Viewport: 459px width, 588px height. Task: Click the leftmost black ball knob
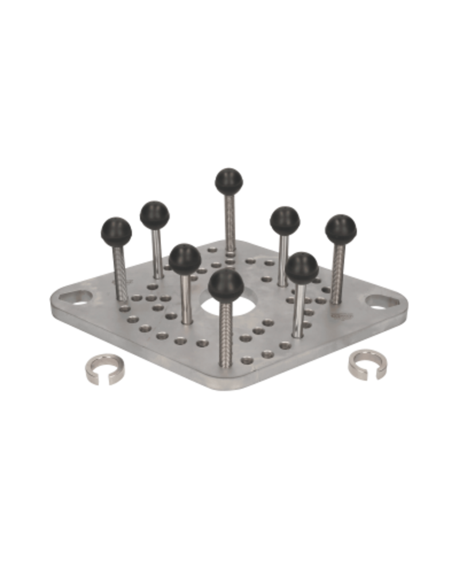click(116, 231)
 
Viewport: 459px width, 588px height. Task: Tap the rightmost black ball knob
click(341, 228)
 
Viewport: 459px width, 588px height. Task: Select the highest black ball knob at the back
click(228, 181)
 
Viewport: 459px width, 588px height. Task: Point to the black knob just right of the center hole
click(302, 265)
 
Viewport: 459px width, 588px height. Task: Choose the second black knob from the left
click(154, 214)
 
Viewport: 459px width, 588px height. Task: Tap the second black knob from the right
click(285, 219)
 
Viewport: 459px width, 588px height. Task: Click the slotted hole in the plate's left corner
click(77, 297)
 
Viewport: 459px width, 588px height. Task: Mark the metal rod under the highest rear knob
click(230, 221)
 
